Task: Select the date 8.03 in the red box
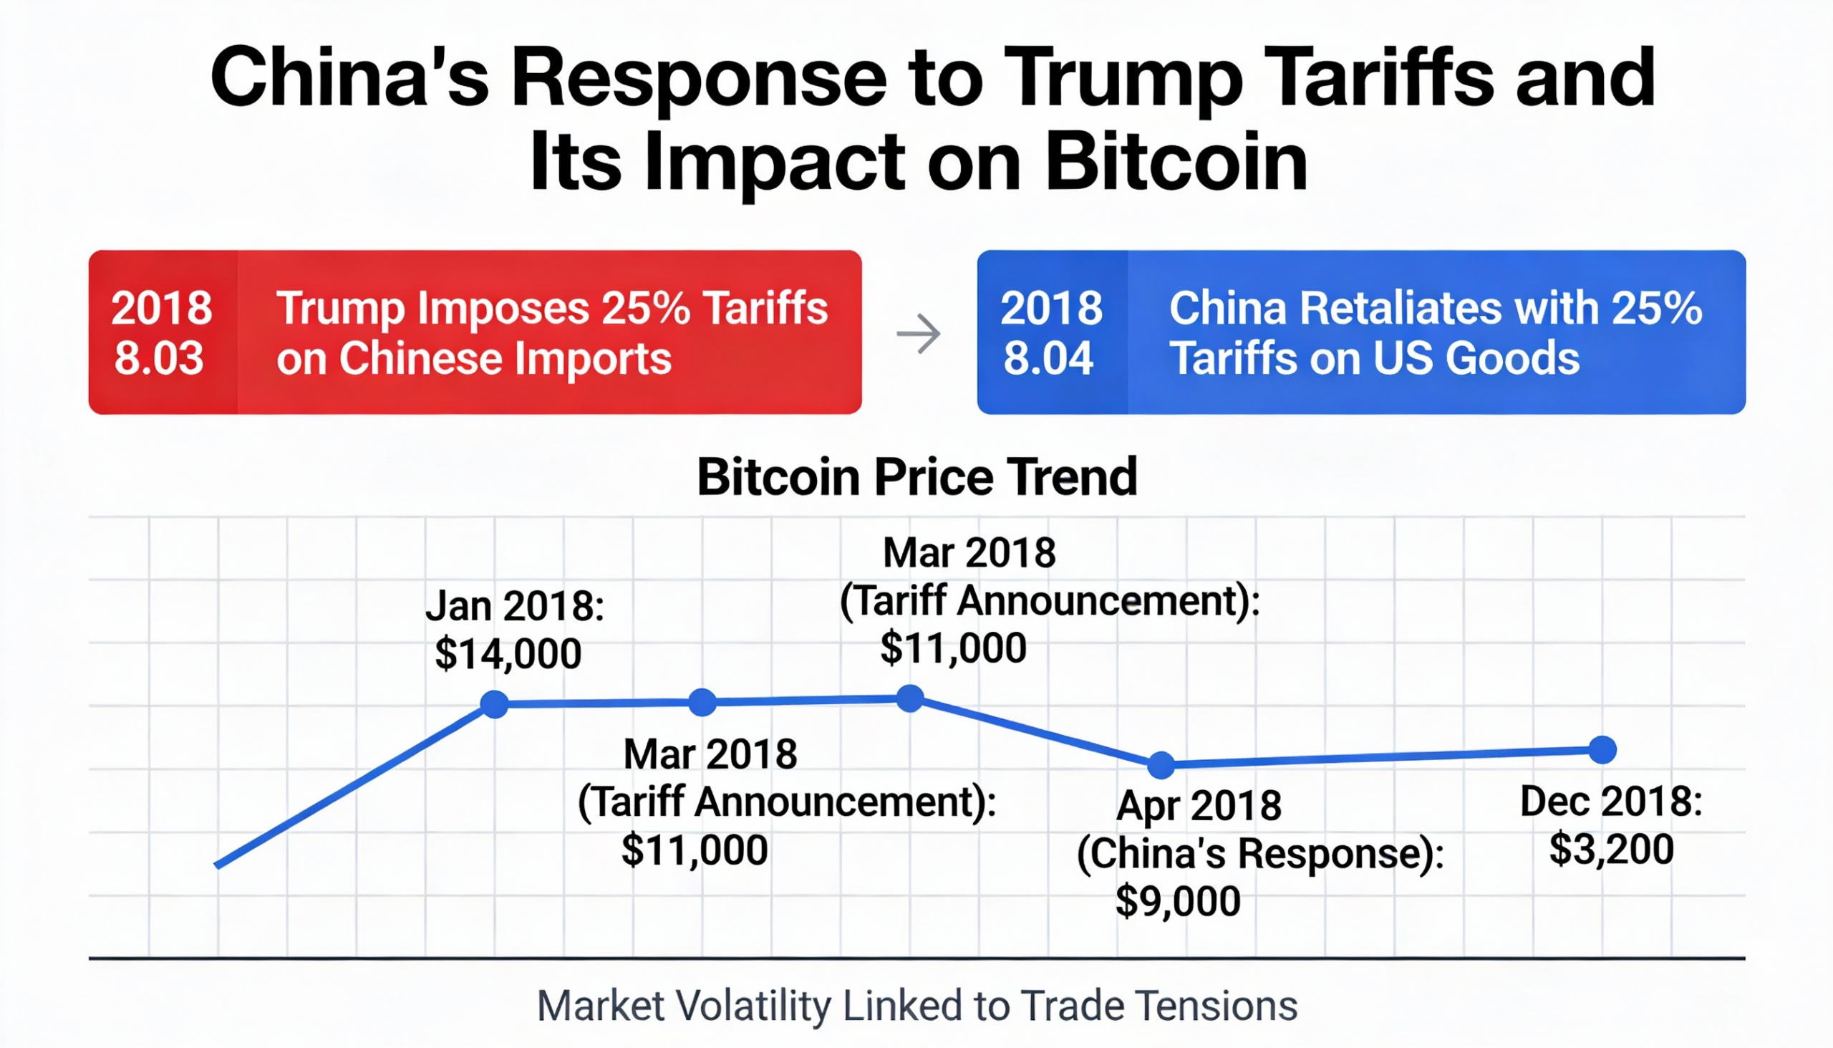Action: tap(159, 357)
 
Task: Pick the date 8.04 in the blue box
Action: tap(1048, 357)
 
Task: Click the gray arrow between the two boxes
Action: tap(919, 333)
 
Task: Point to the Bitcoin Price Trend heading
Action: tap(916, 476)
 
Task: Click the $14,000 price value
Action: tap(508, 653)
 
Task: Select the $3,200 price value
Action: tap(1612, 850)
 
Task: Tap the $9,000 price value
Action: tap(1178, 901)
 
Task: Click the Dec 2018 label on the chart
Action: tap(1612, 802)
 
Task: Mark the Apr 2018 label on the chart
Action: tap(1199, 805)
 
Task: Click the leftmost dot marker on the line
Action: tap(494, 704)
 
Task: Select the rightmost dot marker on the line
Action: tap(1602, 749)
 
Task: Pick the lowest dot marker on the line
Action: tap(1161, 765)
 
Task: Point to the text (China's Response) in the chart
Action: tap(1259, 854)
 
